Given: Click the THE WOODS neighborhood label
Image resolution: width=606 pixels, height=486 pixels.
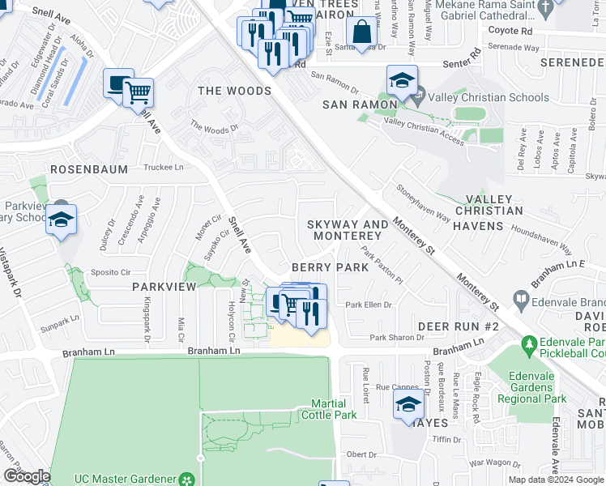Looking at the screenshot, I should (x=234, y=91).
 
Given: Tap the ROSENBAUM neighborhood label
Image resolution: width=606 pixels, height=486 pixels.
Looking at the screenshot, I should (x=86, y=169).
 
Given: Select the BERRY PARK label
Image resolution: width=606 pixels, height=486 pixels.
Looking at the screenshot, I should (x=323, y=267).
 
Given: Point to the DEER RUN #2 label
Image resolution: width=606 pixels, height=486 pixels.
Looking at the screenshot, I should (x=458, y=326).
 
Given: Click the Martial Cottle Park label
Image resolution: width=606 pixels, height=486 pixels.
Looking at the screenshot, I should (x=329, y=409).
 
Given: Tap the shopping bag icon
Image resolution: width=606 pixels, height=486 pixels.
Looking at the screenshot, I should (x=361, y=33).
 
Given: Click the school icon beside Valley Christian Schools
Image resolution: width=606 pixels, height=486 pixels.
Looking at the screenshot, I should (x=401, y=80).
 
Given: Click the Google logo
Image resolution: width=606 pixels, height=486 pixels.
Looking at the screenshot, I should (x=26, y=475).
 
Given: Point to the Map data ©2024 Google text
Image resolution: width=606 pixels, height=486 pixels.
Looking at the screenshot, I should (x=555, y=480).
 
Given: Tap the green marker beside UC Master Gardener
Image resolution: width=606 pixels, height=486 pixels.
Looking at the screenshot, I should (x=188, y=480).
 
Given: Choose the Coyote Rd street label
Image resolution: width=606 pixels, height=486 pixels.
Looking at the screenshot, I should (x=510, y=31).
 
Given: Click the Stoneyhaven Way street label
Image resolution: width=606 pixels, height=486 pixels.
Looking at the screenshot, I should (x=423, y=203).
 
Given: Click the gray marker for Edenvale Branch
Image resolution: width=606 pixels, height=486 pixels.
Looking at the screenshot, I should (x=519, y=301).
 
